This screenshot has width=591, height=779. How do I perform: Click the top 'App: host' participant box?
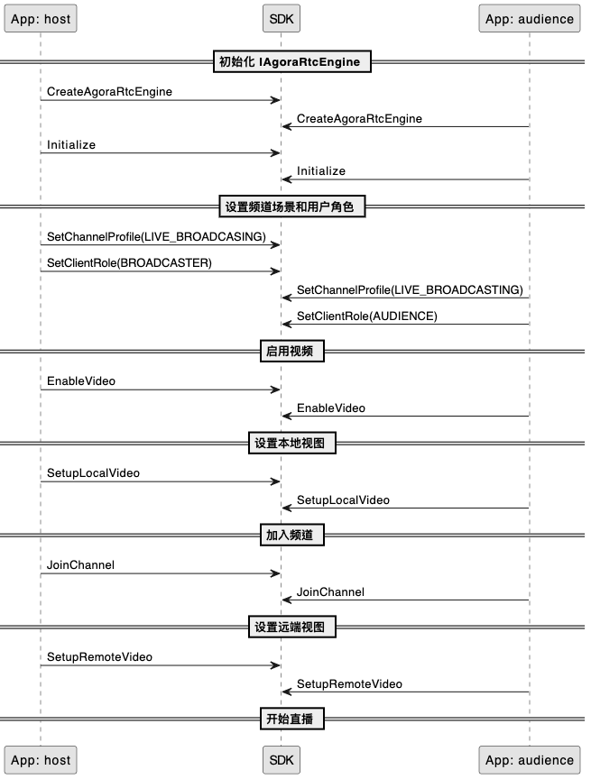(41, 19)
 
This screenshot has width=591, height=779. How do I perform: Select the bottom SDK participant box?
(282, 760)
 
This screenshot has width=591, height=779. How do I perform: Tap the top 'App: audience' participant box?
(530, 19)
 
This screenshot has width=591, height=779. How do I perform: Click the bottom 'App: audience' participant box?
(530, 760)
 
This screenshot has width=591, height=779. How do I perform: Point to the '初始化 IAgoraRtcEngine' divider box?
(292, 61)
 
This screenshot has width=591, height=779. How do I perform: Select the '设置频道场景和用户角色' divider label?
(292, 206)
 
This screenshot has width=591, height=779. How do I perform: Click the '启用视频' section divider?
(292, 351)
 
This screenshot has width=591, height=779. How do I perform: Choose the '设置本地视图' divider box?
(292, 443)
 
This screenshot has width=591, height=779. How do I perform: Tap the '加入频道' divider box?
(292, 535)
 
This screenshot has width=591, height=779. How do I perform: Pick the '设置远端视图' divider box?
(292, 627)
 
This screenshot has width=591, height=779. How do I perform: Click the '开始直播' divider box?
(292, 719)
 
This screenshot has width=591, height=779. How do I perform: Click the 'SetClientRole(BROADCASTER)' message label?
(129, 262)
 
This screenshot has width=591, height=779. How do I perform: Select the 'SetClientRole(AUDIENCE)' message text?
(367, 316)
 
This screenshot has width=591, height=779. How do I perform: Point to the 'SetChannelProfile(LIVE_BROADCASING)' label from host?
(157, 236)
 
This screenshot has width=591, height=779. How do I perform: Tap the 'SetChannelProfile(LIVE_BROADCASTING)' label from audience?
(410, 289)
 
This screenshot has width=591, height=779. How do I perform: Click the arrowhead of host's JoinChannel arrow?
(276, 573)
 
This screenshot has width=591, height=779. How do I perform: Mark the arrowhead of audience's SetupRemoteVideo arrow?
(286, 692)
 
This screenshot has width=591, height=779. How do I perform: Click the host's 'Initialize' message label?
(71, 144)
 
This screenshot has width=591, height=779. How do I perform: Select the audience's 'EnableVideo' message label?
(331, 408)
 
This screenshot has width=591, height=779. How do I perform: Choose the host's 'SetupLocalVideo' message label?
(93, 473)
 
